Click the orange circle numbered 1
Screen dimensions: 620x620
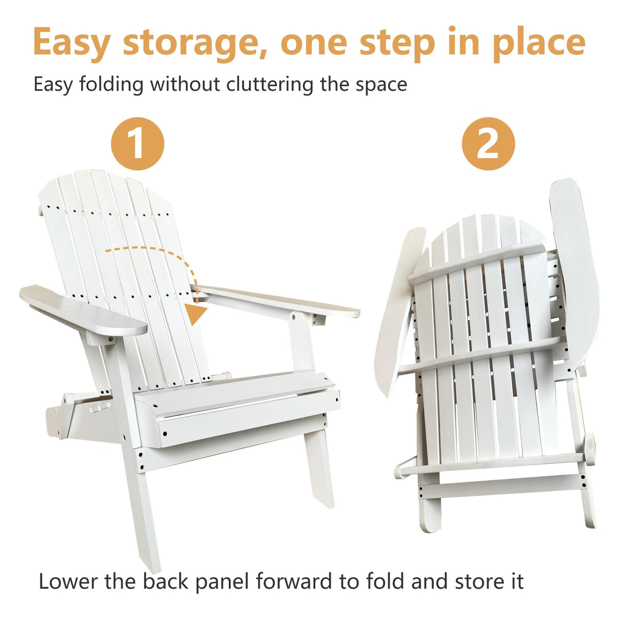point(137,144)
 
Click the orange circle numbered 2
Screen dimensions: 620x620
point(488,144)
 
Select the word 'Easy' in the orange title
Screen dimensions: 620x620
point(71,44)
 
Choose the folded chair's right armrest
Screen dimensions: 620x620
point(575,271)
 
